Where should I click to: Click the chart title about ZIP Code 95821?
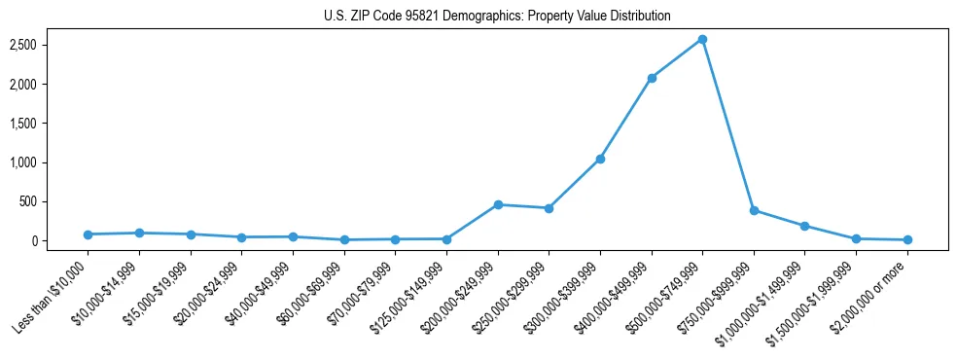(497, 17)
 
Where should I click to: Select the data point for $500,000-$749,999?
(702, 39)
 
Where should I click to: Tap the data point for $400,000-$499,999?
(652, 78)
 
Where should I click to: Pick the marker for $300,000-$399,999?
(600, 159)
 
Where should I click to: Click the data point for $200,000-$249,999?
(498, 204)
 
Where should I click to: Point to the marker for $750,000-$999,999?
(754, 210)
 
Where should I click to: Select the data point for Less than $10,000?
(89, 234)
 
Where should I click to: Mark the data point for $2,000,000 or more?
(907, 239)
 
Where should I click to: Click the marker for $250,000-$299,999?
(549, 208)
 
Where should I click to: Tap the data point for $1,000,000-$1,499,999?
(804, 226)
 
